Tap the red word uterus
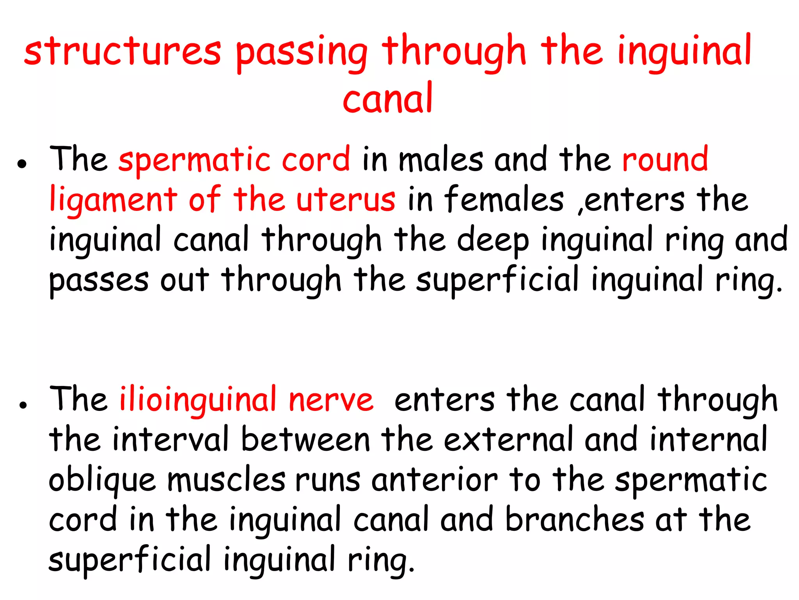pyautogui.click(x=346, y=200)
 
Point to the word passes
pyautogui.click(x=99, y=280)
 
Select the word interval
pyautogui.click(x=170, y=439)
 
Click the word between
pyautogui.click(x=305, y=439)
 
